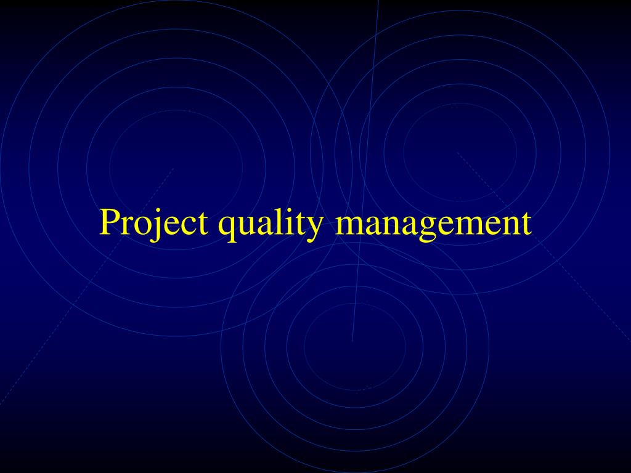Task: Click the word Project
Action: (x=153, y=223)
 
